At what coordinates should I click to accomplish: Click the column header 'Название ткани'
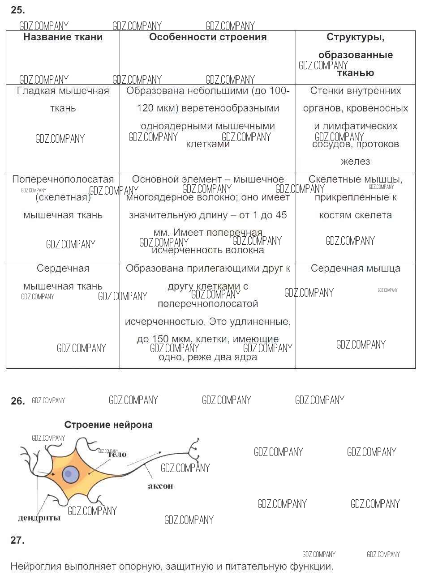63,38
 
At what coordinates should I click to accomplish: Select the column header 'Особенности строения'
208,38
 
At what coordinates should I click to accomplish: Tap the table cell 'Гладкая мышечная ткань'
63,99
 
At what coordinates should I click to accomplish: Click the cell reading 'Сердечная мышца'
356,268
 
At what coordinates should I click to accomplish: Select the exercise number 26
17,401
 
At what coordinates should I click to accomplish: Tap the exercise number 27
17,541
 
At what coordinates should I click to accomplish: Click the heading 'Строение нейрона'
108,425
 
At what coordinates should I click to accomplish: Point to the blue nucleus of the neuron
70,474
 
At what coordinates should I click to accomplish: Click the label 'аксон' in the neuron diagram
160,486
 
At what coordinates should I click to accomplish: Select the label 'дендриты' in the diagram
39,518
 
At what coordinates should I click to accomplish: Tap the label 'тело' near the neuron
117,455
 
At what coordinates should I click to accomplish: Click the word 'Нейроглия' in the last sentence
35,566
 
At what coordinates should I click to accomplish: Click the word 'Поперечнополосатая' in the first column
63,180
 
